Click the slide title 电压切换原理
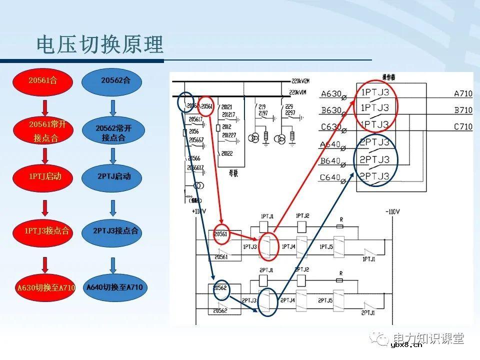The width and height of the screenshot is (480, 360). pyautogui.click(x=100, y=45)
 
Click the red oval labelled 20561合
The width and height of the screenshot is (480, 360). pyautogui.click(x=43, y=79)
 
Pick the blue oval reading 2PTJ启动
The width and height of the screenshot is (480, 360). pyautogui.click(x=113, y=176)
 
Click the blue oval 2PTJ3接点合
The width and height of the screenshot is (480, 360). pyautogui.click(x=114, y=231)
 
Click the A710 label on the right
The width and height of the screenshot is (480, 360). pyautogui.click(x=462, y=93)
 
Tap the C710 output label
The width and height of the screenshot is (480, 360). pyautogui.click(x=462, y=127)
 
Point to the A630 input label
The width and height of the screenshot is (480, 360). pyautogui.click(x=331, y=93)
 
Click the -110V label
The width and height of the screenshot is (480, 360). pyautogui.click(x=392, y=212)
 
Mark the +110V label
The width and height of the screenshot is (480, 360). pyautogui.click(x=198, y=211)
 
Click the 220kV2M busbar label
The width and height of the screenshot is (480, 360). pyautogui.click(x=300, y=80)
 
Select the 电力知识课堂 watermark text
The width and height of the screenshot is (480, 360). pyautogui.click(x=428, y=338)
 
